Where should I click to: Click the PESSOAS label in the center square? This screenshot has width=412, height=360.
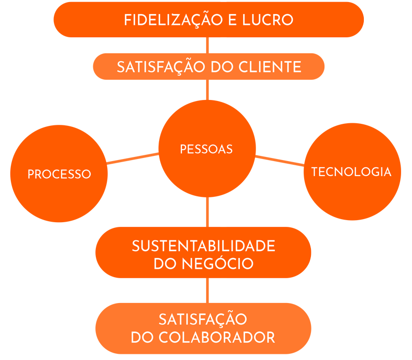coord(206,149)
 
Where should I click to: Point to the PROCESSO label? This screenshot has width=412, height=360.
coord(59,174)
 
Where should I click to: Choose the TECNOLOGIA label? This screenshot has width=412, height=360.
coord(351,172)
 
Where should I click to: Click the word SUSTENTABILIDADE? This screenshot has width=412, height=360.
coord(203,246)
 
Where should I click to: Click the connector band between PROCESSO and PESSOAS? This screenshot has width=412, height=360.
coord(133,159)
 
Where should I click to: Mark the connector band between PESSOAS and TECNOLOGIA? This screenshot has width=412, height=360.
coord(279,161)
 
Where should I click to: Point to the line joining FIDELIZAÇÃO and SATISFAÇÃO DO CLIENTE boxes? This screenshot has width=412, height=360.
coord(208,45)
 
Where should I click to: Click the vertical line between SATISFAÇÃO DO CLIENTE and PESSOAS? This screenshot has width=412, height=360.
coord(208,90)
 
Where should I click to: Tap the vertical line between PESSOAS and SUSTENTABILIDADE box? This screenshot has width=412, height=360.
coord(208,212)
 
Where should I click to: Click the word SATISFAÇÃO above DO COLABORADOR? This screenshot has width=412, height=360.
coord(203,319)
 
